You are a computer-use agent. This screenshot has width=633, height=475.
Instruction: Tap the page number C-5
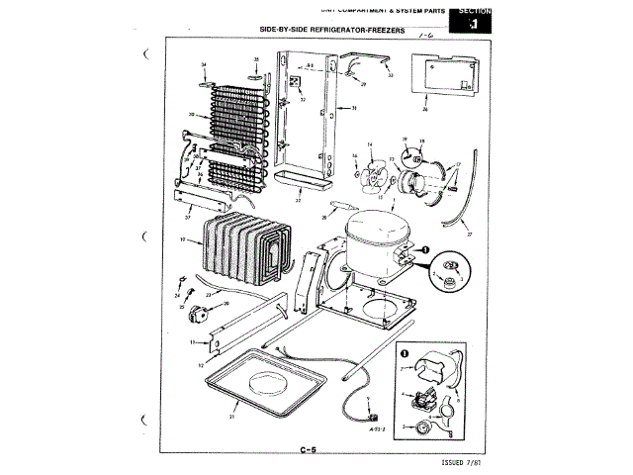[308, 452]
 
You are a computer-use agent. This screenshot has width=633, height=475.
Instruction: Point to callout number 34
[204, 65]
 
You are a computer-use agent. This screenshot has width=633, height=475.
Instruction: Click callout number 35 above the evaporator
[255, 60]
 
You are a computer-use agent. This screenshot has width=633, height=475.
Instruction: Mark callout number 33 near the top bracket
[390, 75]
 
